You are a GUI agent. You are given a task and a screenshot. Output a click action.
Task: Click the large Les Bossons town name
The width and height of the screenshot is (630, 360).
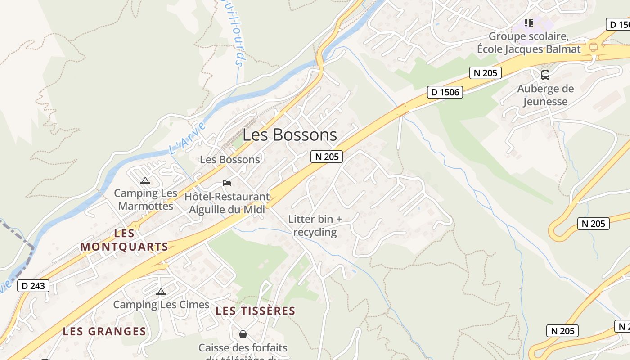click(290, 135)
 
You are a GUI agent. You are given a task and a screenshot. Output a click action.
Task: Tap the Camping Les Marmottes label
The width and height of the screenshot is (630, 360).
click(145, 200)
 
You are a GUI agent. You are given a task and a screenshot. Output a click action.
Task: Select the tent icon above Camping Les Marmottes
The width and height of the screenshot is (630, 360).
click(145, 181)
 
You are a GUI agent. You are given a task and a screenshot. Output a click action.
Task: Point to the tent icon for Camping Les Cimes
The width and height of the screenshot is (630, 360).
click(161, 292)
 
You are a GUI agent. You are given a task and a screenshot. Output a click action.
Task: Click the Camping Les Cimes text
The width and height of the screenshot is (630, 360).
click(161, 305)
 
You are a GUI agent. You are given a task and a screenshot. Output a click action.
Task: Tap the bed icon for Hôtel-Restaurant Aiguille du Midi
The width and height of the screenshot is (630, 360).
click(227, 183)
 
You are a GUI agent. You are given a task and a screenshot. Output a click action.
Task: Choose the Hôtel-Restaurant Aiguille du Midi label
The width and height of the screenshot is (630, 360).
click(227, 203)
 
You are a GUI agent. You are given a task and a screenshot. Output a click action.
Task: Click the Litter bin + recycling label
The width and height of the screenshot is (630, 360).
click(315, 225)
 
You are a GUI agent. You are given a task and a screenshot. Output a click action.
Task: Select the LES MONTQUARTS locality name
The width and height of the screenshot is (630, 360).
click(124, 240)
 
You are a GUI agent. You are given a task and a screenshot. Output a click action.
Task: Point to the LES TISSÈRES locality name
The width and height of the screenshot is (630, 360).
click(255, 311)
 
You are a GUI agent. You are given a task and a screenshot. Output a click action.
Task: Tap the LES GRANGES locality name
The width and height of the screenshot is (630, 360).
click(104, 332)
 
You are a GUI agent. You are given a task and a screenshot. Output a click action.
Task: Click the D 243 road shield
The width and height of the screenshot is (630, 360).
click(33, 286)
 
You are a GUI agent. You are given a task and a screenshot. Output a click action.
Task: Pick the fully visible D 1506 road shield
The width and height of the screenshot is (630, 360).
click(445, 92)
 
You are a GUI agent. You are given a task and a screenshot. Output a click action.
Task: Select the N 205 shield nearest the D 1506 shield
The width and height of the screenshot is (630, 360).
click(486, 73)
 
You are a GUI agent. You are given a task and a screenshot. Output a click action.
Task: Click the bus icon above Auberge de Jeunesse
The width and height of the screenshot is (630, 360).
click(545, 75)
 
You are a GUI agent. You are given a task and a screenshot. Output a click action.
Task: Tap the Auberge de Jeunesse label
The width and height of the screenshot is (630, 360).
click(545, 95)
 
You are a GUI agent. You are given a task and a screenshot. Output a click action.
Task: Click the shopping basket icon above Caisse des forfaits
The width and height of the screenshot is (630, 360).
click(243, 334)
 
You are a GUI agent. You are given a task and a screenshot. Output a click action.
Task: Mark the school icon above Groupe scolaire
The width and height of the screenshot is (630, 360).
click(529, 22)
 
